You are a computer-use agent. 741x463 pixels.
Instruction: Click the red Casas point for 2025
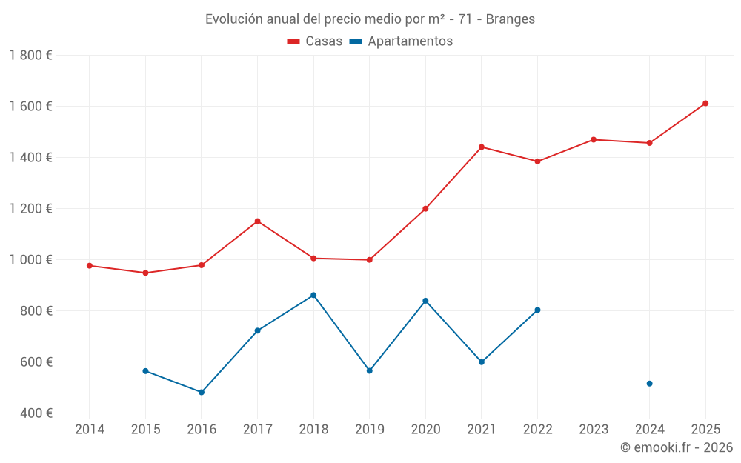(705, 103)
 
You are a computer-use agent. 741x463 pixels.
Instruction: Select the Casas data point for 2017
(257, 221)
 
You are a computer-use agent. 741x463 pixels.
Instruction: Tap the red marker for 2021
(482, 147)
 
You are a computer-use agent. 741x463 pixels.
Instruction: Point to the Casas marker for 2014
(90, 265)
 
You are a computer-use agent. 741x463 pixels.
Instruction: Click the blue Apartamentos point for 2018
(313, 295)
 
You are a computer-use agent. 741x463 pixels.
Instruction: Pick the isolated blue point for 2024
(649, 383)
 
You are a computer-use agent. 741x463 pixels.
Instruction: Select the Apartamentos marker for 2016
(202, 392)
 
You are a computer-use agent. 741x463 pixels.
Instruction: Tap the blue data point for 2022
(537, 310)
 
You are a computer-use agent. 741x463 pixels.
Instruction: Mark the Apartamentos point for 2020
(425, 300)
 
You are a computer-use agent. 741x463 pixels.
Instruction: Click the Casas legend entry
(315, 41)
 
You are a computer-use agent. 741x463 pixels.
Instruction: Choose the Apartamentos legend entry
(401, 41)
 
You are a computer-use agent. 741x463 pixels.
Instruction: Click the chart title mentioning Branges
(370, 19)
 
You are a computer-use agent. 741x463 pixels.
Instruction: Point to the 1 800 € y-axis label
(30, 55)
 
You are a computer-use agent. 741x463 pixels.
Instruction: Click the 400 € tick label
(35, 413)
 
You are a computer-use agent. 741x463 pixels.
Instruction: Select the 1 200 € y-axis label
(30, 208)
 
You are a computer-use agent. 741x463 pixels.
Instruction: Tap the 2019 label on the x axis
(369, 429)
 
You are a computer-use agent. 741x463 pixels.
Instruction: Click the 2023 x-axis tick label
(594, 429)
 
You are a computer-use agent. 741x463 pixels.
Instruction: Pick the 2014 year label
(90, 429)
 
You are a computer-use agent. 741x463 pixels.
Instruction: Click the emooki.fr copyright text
(676, 447)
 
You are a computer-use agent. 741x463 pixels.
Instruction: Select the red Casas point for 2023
(594, 139)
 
